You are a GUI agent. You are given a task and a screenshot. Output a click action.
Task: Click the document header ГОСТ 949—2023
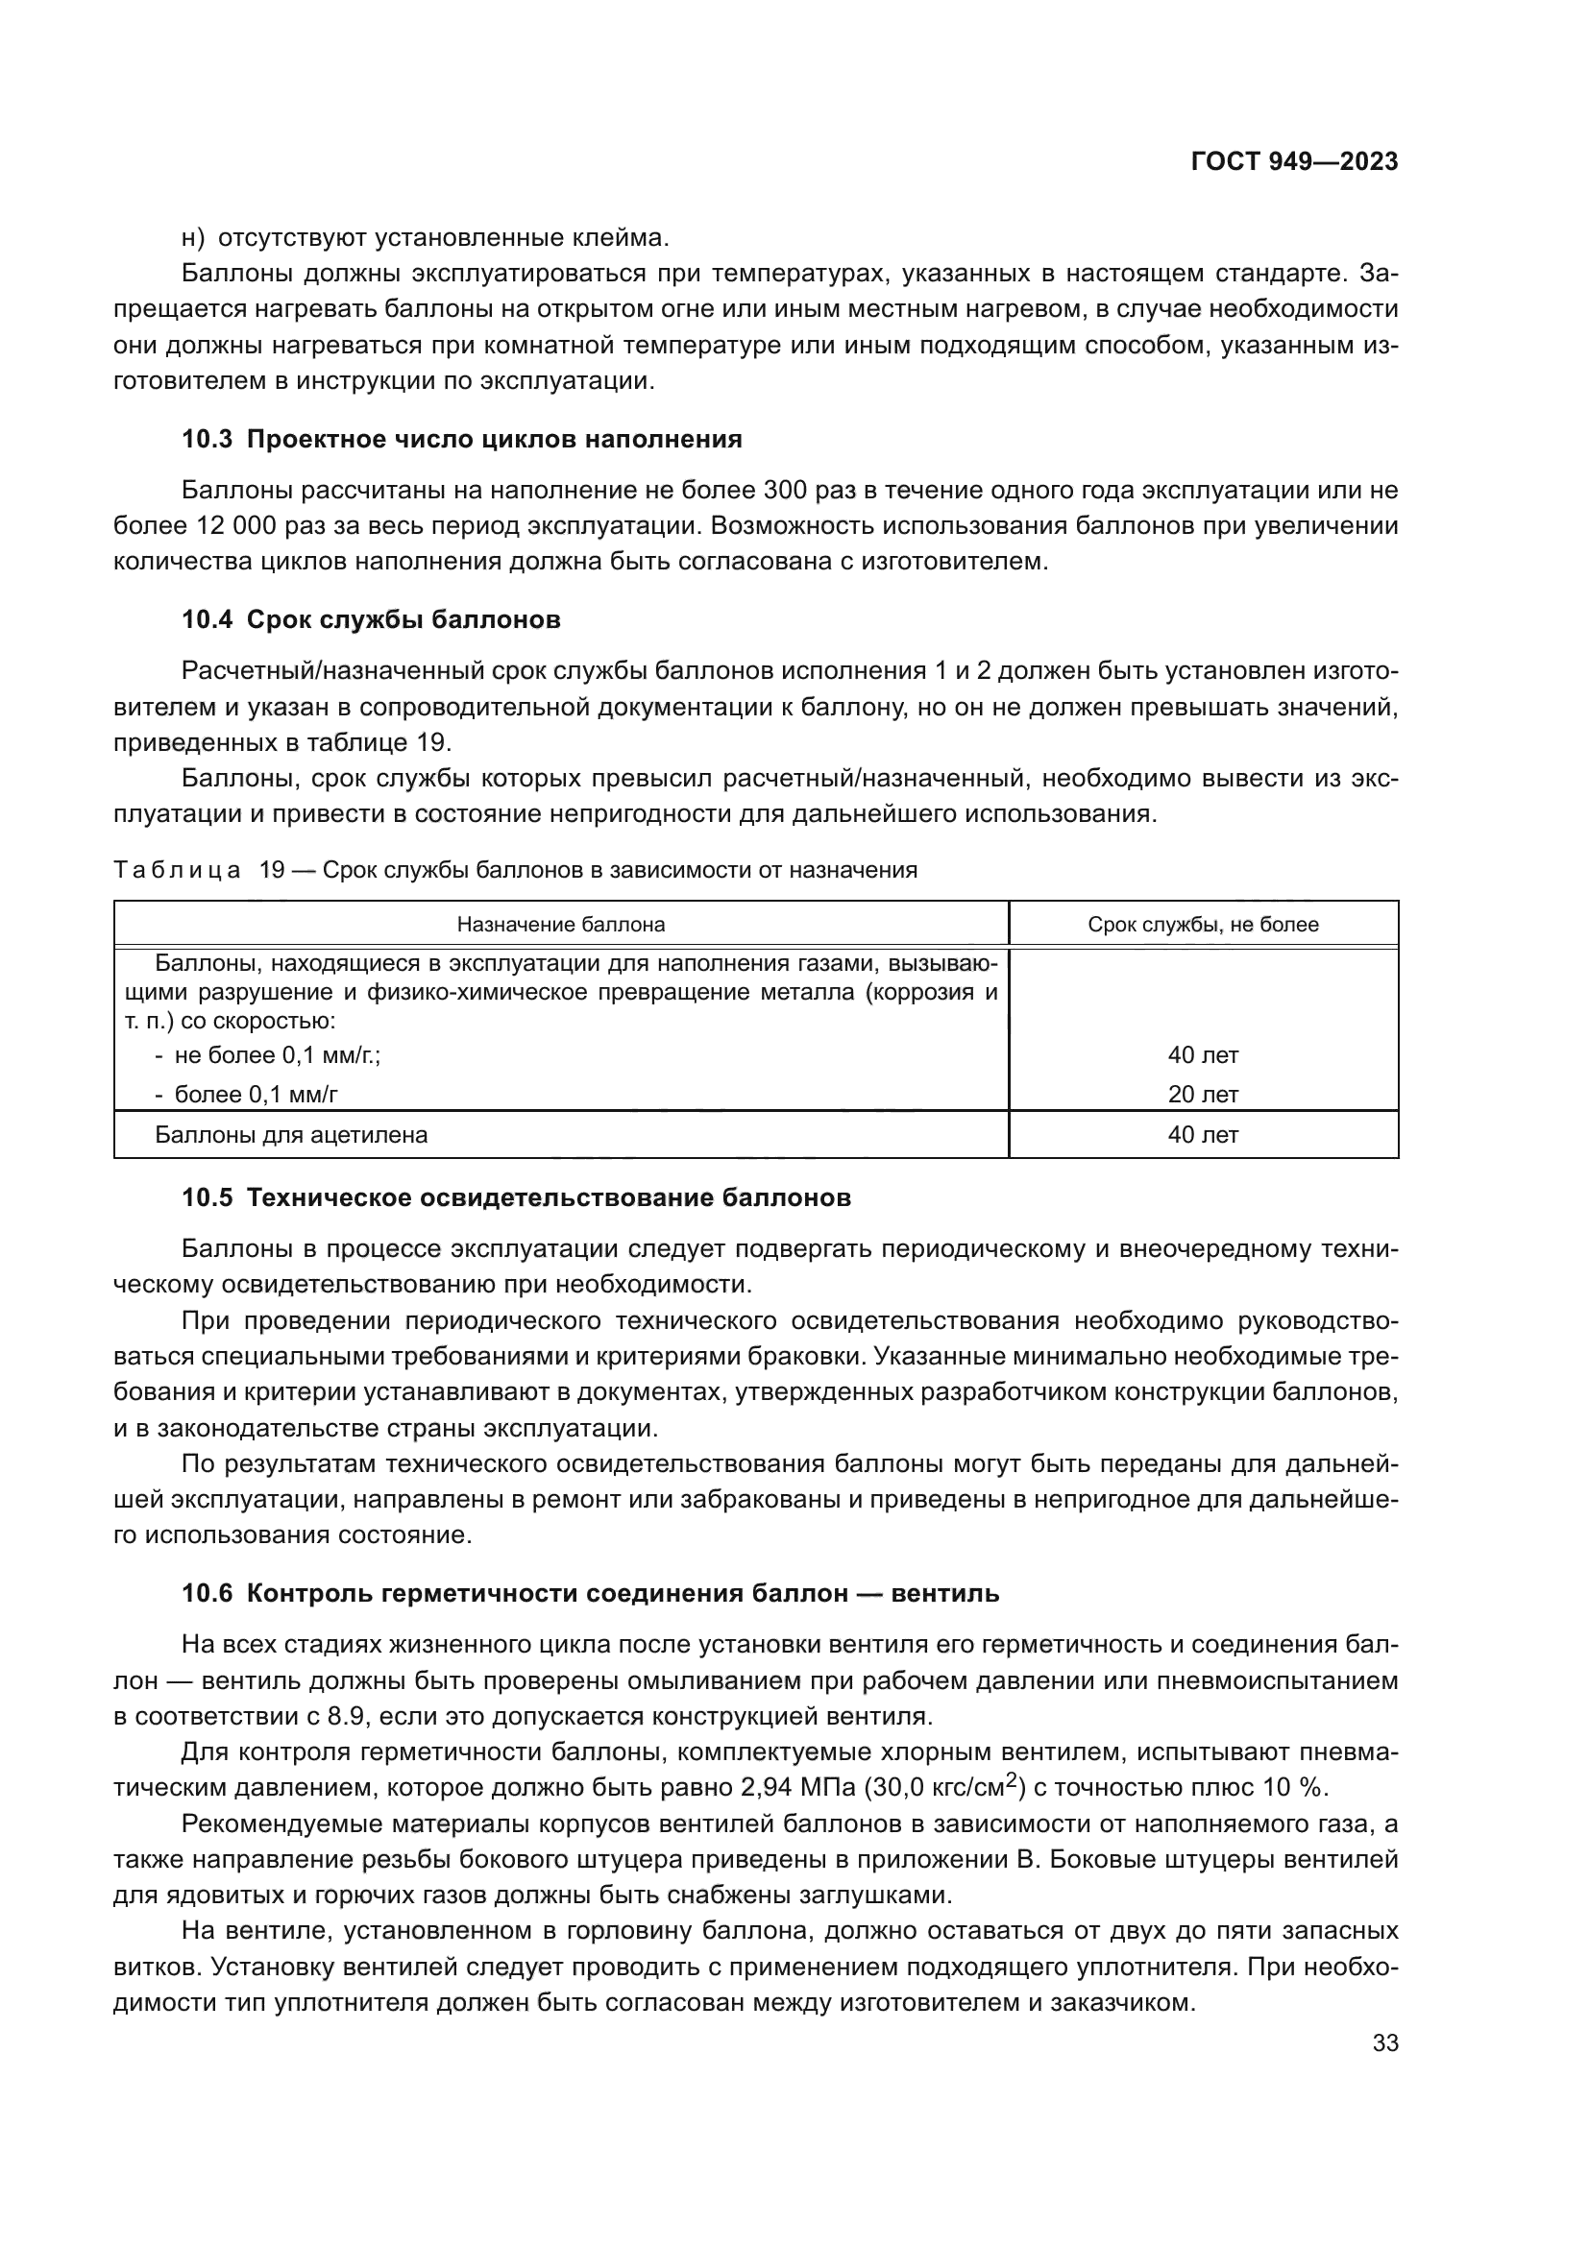pyautogui.click(x=1293, y=162)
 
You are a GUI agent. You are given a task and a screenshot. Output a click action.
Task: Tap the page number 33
pyautogui.click(x=1384, y=2043)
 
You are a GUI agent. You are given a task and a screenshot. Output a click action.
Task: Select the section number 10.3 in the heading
pyautogui.click(x=207, y=439)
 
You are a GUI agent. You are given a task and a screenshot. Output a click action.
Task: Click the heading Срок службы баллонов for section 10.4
pyautogui.click(x=403, y=620)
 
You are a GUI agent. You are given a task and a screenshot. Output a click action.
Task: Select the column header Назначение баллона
pyautogui.click(x=561, y=925)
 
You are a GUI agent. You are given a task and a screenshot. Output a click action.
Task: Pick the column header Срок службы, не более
pyautogui.click(x=1203, y=925)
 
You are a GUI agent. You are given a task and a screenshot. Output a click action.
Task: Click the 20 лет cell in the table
pyautogui.click(x=1203, y=1095)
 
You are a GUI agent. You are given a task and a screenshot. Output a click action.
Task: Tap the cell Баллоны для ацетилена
pyautogui.click(x=292, y=1136)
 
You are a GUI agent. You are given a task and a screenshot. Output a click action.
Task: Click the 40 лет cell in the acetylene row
pyautogui.click(x=1203, y=1136)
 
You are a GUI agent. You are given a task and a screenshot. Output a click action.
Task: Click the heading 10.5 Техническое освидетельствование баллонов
pyautogui.click(x=516, y=1198)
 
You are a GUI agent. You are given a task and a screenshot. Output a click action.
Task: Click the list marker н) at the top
pyautogui.click(x=193, y=238)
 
